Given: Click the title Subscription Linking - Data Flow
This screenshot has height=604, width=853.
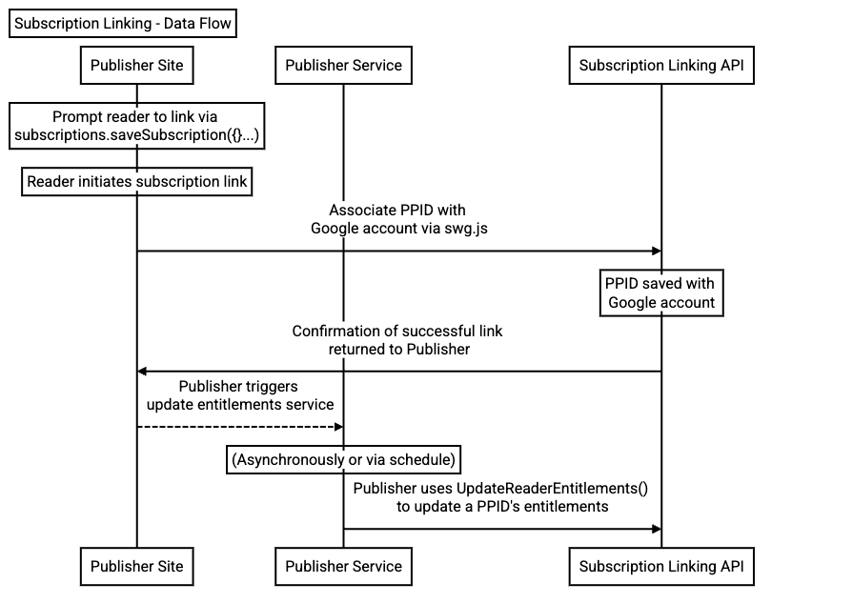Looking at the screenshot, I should tap(122, 23).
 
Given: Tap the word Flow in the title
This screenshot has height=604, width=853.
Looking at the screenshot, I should tap(212, 23).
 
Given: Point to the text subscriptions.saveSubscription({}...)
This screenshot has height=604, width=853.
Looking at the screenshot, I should tap(136, 135).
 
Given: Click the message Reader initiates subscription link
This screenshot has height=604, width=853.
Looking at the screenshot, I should tap(136, 181).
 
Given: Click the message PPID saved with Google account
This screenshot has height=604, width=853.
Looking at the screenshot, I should tap(660, 293).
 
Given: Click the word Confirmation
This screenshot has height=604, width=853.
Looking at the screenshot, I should tap(338, 332).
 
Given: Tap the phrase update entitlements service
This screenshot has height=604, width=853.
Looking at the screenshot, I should tap(240, 405).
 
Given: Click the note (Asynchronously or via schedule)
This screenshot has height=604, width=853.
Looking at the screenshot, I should tap(343, 460).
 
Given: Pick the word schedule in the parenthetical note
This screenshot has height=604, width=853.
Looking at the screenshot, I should tap(422, 460).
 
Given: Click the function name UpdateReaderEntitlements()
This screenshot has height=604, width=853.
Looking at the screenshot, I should tap(552, 489).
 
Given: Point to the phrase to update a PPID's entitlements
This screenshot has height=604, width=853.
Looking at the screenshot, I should tap(502, 507).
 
